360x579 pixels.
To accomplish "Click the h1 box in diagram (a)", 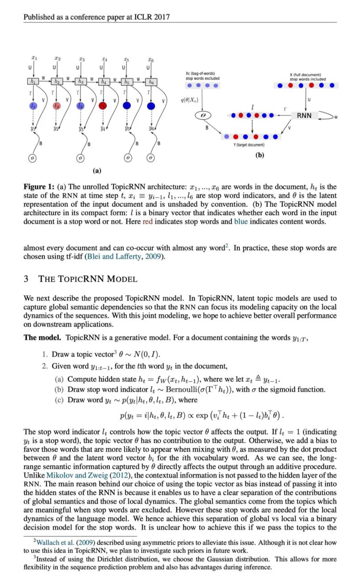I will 33,82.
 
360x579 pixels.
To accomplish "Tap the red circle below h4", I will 103,106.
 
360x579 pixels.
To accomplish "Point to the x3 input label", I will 80,58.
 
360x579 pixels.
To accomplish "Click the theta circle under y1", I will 33,158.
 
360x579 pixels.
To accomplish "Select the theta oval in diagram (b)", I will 202,116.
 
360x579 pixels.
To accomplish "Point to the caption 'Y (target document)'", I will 250,145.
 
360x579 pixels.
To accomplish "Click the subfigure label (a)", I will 96,170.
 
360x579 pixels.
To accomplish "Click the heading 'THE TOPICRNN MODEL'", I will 88,279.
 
